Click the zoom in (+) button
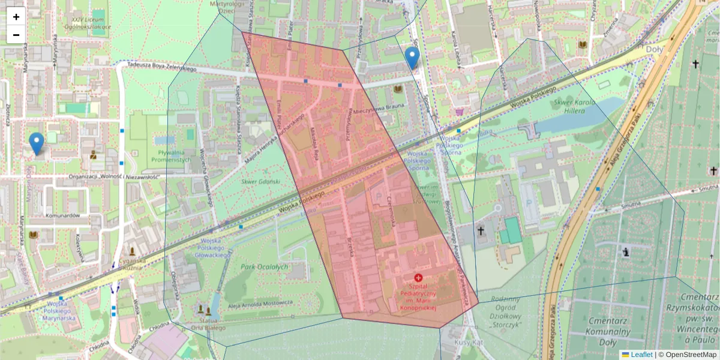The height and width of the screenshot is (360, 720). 16,17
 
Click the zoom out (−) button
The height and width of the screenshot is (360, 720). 16,34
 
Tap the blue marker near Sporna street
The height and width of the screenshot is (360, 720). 412,58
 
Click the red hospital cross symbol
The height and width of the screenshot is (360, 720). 418,277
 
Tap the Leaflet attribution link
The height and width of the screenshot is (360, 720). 641,355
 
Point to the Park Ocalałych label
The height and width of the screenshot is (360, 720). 264,266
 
